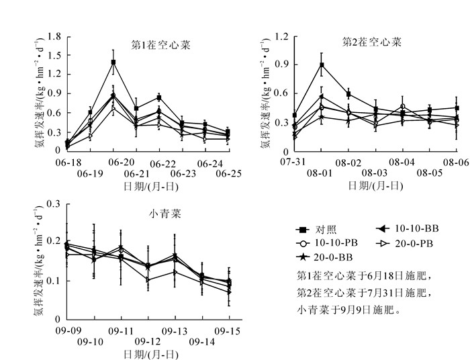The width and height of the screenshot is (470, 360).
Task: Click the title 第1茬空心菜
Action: point(160,46)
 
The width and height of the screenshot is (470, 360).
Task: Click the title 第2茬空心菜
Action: point(372,42)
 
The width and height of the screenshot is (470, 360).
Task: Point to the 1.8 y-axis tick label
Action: point(55,36)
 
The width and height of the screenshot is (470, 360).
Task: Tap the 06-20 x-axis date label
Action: point(122,163)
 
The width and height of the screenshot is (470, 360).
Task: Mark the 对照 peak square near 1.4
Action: point(113,62)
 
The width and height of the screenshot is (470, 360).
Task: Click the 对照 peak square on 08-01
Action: point(322,65)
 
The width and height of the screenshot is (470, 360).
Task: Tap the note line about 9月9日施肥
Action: point(352,310)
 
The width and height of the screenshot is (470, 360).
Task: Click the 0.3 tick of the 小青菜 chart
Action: point(55,204)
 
